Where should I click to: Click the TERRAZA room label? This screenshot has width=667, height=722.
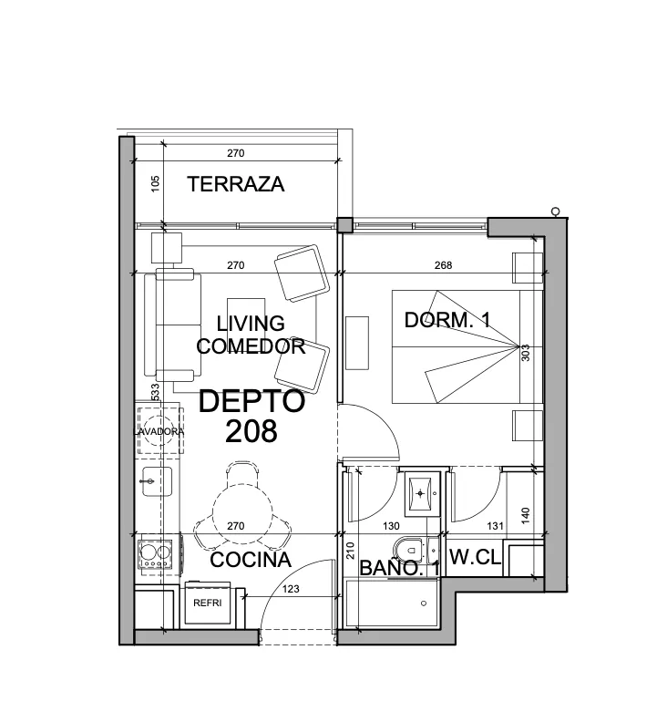click(235, 184)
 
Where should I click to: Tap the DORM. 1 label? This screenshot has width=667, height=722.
click(447, 320)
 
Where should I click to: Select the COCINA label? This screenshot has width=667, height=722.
click(251, 560)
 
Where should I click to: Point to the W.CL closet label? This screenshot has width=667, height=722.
click(475, 557)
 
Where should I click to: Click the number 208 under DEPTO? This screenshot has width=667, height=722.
click(251, 431)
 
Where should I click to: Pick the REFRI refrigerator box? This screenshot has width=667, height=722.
click(208, 603)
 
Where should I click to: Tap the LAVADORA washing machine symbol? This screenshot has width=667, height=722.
click(159, 431)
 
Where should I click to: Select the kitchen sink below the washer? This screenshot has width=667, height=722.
click(157, 481)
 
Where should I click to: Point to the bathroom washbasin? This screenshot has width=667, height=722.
click(420, 494)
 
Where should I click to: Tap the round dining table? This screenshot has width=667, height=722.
click(242, 514)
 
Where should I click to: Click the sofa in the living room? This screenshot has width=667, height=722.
click(172, 325)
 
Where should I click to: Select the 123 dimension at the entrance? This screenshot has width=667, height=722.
click(291, 589)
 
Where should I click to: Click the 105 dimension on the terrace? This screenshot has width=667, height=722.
click(155, 184)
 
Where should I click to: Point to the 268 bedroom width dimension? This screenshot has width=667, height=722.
click(443, 265)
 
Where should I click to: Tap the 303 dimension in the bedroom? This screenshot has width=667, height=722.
click(526, 353)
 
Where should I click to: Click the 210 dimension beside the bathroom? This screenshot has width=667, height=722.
click(350, 551)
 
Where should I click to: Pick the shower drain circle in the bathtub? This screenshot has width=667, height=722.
click(424, 603)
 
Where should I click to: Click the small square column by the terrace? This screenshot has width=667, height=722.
click(344, 224)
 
